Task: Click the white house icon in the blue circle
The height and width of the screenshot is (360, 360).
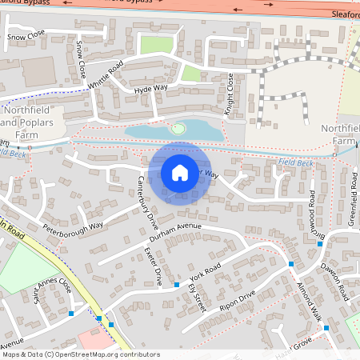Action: point(180,172)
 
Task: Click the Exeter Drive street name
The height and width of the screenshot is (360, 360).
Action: point(152,266)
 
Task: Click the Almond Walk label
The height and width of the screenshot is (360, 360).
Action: point(309,298)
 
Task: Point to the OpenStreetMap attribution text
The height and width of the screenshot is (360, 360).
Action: point(80,354)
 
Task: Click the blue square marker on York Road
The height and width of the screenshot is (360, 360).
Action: point(176,285)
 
